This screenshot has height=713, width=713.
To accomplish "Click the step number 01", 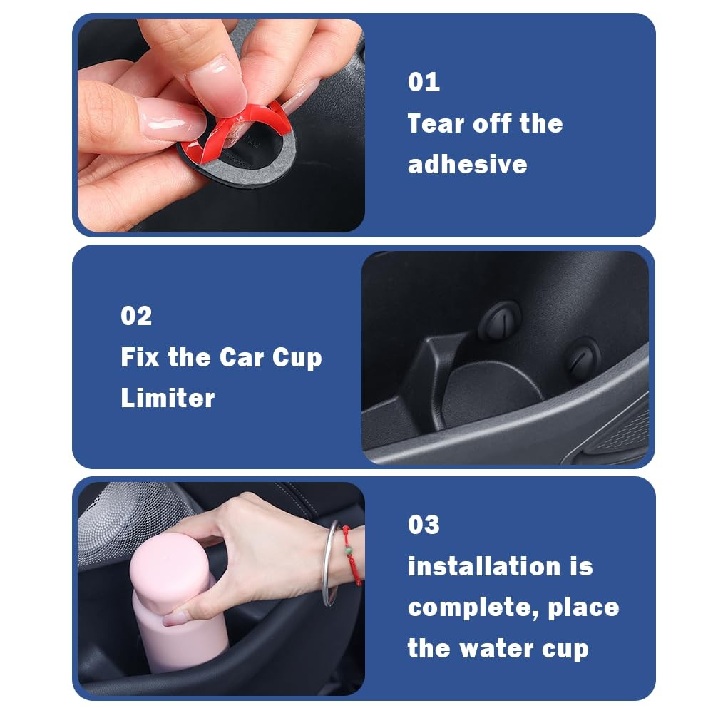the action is pos(424,82).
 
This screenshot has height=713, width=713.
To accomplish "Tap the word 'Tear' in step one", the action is pos(436,123).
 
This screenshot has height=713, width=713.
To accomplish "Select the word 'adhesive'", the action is pos(468,164).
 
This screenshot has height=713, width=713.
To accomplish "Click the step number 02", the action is pos(136,316).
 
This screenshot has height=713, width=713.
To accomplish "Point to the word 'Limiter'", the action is pos(168,398).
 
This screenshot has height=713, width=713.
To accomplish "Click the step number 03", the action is pos(424,525).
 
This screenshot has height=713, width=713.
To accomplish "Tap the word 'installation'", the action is pos(484,566).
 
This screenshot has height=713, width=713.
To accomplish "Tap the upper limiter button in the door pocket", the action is pos(499,321).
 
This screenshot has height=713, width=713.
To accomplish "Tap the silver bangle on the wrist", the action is pos(328,564).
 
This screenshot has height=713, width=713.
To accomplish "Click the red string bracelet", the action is pos(353,555).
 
